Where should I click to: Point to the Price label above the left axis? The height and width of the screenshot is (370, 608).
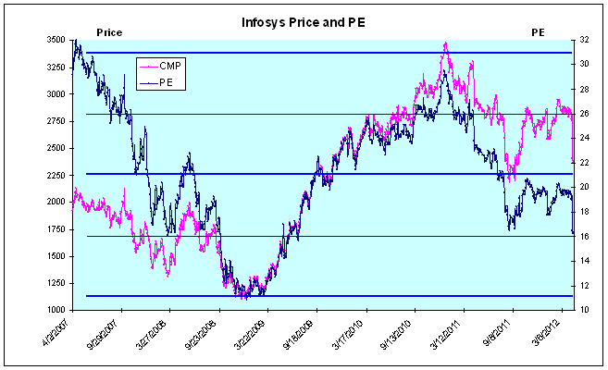click(x=109, y=32)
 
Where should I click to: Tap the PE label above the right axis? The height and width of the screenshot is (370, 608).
click(x=538, y=32)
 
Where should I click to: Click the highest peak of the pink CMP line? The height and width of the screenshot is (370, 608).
click(x=445, y=43)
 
